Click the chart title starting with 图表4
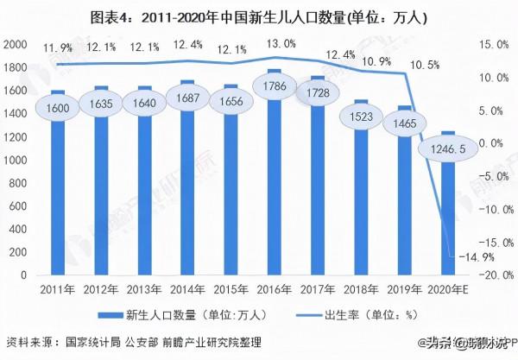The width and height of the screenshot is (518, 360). click(260, 16)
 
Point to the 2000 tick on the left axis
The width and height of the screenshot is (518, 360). click(15, 44)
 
